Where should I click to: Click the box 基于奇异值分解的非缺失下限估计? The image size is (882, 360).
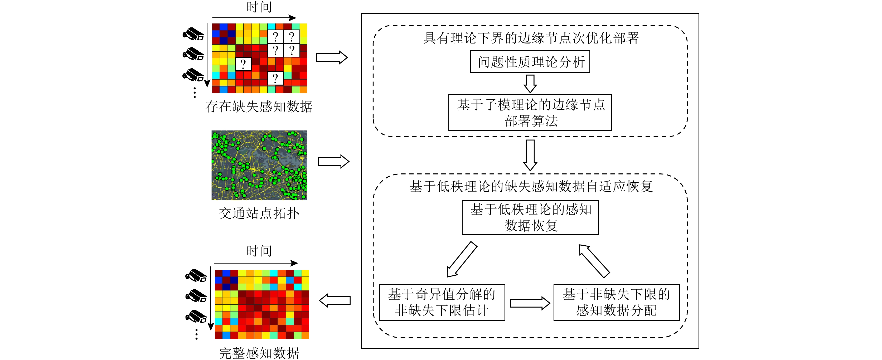point(442,302)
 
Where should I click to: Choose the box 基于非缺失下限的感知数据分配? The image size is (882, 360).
point(616,302)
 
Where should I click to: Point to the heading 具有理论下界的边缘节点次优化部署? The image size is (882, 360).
point(530,38)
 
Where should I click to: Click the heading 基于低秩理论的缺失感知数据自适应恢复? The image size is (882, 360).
point(530,187)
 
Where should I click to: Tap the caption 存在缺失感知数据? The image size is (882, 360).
point(259,106)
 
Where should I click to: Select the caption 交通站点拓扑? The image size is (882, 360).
point(259,213)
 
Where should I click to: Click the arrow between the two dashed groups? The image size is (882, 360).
point(530,155)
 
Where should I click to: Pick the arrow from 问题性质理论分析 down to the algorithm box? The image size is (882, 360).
point(530,84)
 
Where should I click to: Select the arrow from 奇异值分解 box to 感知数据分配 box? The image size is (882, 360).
point(529,303)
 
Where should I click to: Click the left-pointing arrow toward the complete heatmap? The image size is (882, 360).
point(335,300)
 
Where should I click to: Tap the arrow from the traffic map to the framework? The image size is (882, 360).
point(333,161)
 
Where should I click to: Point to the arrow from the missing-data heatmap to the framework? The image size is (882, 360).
point(331,57)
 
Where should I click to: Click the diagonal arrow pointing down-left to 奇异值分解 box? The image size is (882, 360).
point(462,259)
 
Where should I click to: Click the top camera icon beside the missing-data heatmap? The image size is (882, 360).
point(193,34)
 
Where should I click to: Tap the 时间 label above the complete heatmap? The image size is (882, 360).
point(259,251)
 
